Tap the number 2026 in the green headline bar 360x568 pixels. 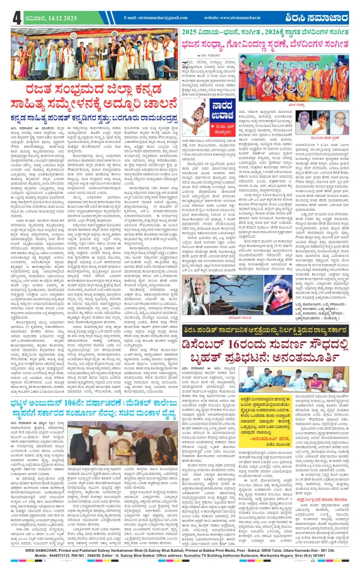[x=284, y=29]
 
